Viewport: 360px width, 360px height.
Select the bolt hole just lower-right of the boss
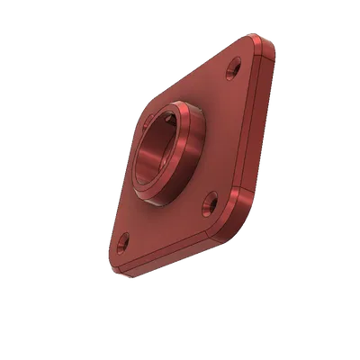pyautogui.click(x=211, y=201)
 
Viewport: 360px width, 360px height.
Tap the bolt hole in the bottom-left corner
pyautogui.click(x=122, y=241)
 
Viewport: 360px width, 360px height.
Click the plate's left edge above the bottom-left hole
pyautogui.click(x=115, y=198)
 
